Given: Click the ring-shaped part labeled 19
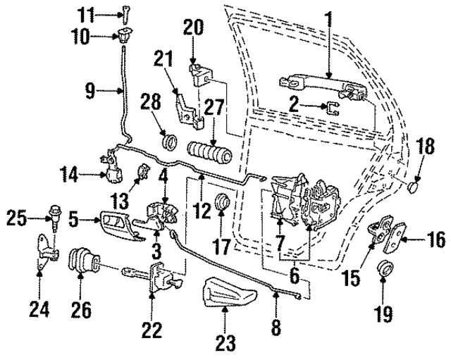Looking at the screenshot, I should click(x=384, y=268).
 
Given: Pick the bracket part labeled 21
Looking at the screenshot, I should click(x=187, y=106).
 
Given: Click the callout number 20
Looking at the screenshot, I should click(x=193, y=27).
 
